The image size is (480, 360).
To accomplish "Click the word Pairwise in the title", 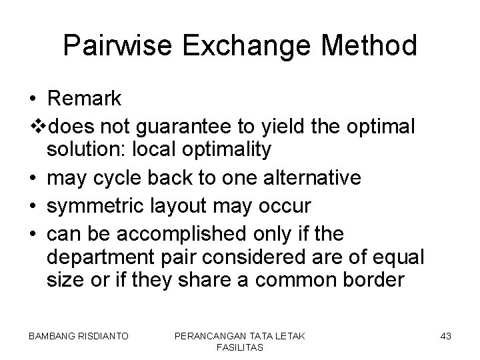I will coord(110,46).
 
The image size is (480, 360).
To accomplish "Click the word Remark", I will coord(85,99).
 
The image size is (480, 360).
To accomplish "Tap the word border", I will coord(371,280).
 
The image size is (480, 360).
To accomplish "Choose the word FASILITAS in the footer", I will coord(240,347).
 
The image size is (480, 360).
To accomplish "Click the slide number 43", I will coord(445,336).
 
